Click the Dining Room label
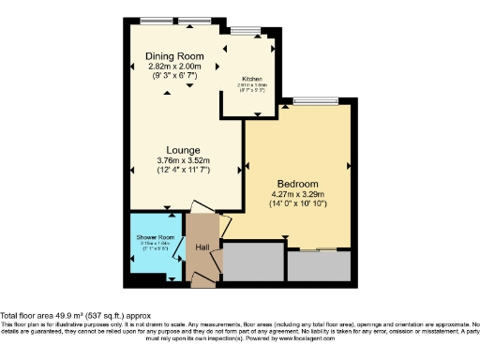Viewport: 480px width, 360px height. point(174,56)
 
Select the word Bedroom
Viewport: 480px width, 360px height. point(297,183)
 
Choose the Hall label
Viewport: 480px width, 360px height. point(201,247)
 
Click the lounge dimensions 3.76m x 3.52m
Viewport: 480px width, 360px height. point(183,160)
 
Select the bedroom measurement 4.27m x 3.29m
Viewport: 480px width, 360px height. point(297,194)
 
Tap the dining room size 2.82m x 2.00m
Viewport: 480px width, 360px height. point(174,67)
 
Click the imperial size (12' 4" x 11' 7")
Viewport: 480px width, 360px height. point(183,170)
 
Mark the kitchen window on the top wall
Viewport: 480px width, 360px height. point(247,30)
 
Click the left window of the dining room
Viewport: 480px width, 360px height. point(153,21)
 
